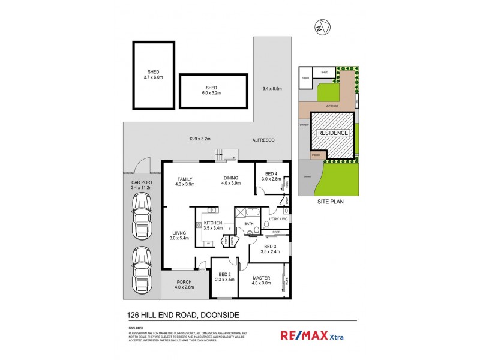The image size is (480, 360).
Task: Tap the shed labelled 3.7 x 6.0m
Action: pyautogui.click(x=154, y=75)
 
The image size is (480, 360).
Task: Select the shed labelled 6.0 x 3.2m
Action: pyautogui.click(x=214, y=91)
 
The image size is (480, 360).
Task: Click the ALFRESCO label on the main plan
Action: pyautogui.click(x=263, y=140)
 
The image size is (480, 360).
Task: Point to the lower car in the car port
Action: pyautogui.click(x=142, y=264)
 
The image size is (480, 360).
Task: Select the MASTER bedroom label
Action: pyautogui.click(x=261, y=278)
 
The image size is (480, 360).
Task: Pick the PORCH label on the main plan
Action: pyautogui.click(x=183, y=283)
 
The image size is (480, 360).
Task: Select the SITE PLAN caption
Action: pyautogui.click(x=331, y=203)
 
